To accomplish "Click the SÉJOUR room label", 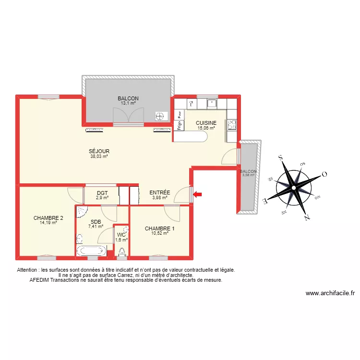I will tap(99, 151).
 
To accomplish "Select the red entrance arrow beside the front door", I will tap(198, 194).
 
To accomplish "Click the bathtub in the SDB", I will tap(91, 251).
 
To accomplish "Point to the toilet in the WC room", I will tap(122, 251).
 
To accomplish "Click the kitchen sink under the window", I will tap(211, 102).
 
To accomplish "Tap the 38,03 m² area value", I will tap(99, 156).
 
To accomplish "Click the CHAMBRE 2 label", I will tap(48, 217).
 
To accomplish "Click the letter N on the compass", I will tap(306, 217).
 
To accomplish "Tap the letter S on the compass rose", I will tap(280, 157).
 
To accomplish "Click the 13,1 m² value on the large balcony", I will tap(128, 103).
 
